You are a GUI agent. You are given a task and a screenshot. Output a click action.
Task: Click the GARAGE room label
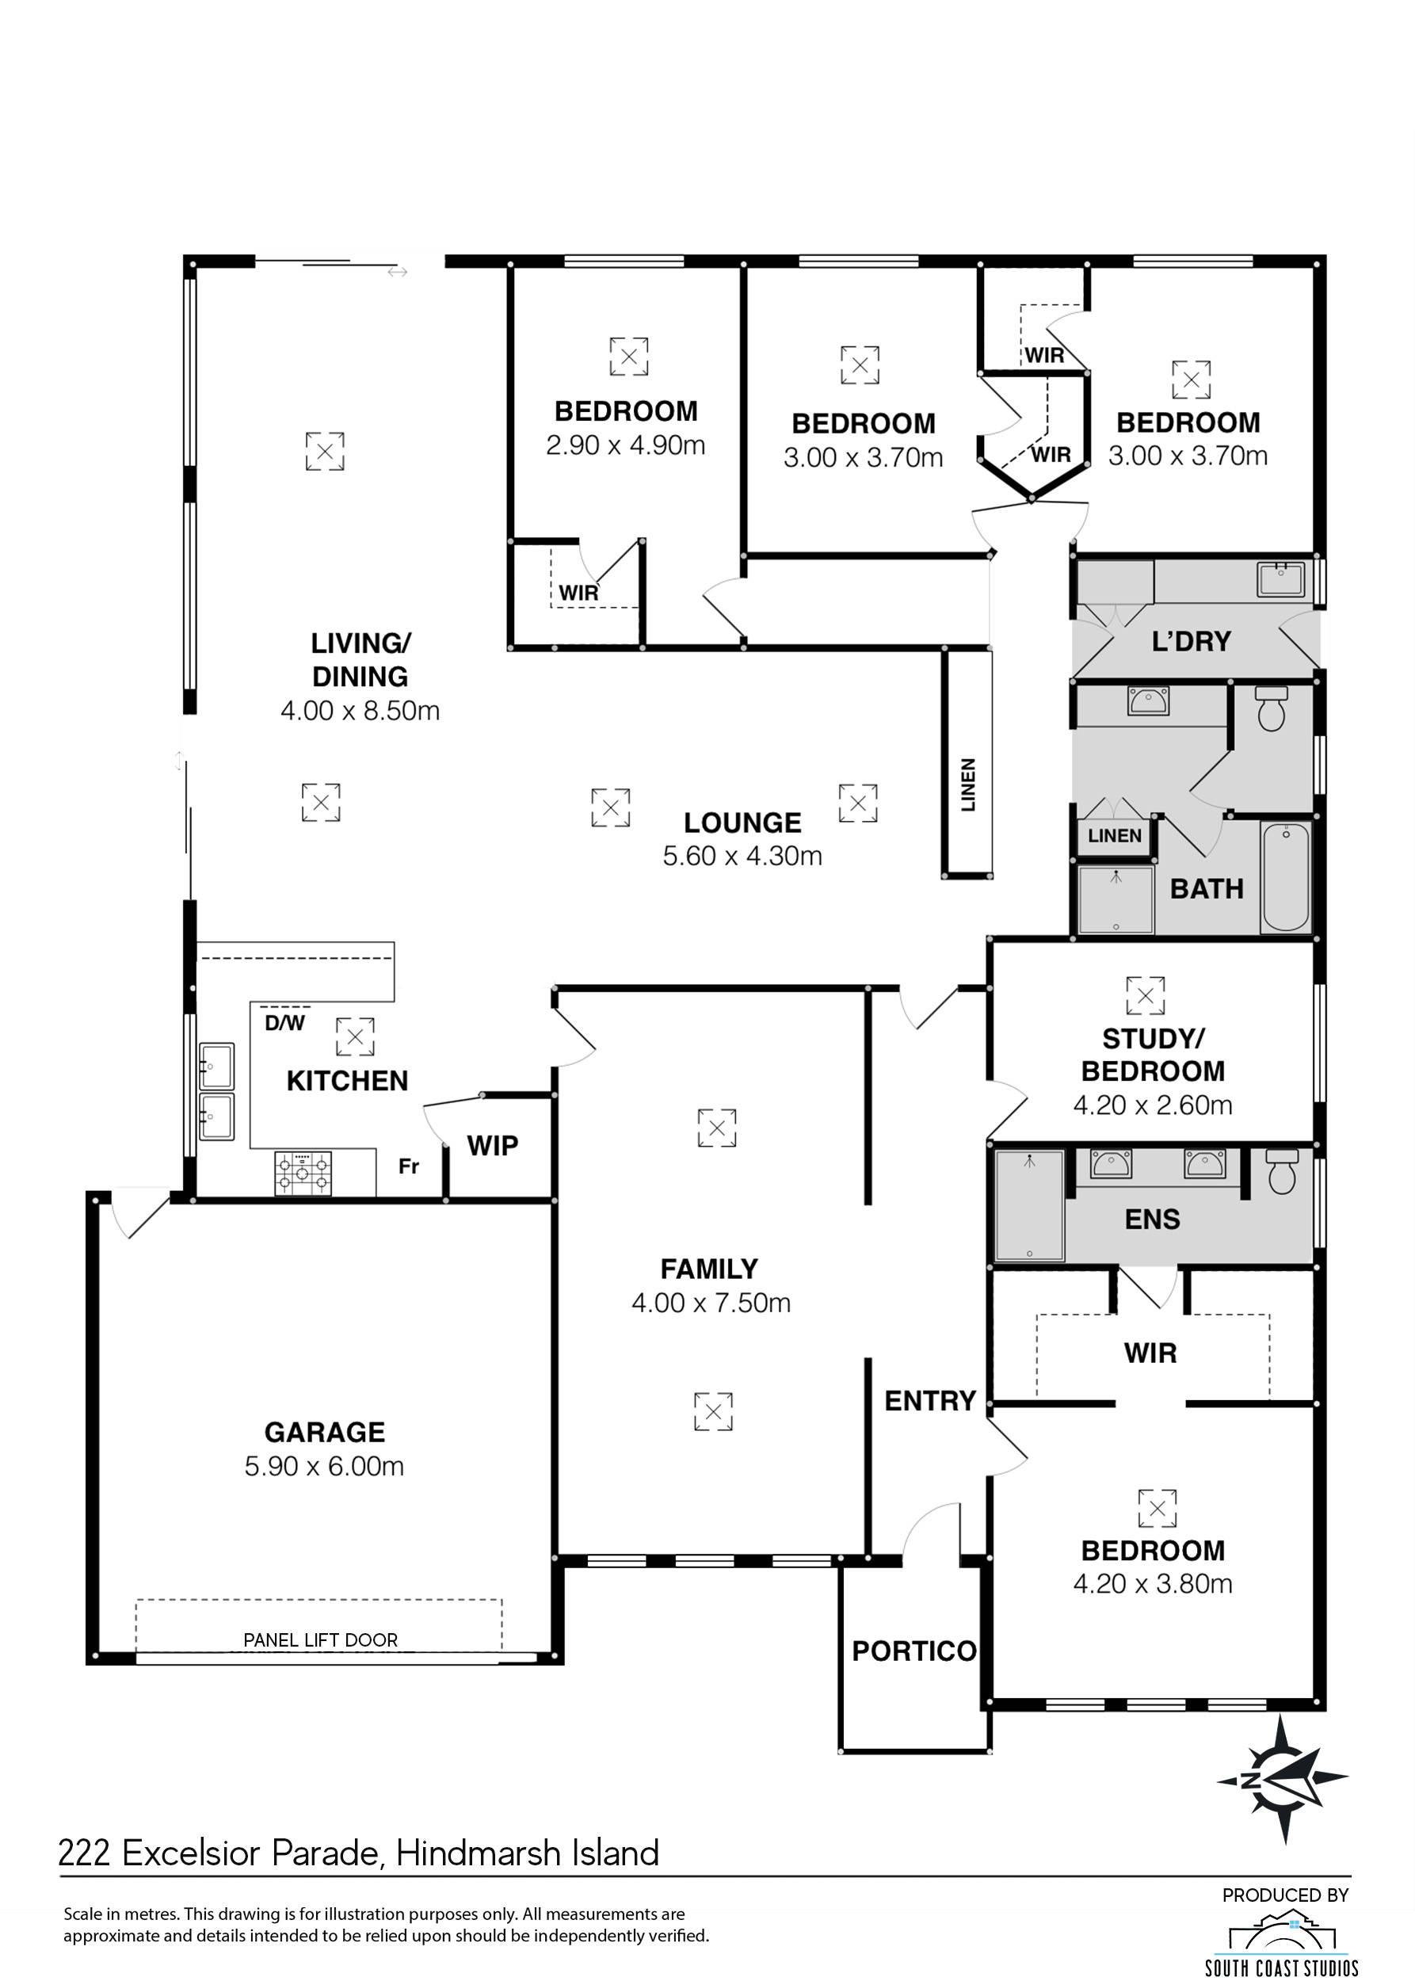tap(324, 1432)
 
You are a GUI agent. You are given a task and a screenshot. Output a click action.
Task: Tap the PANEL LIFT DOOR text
tap(321, 1640)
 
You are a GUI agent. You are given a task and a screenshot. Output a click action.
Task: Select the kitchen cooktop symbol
tap(303, 1173)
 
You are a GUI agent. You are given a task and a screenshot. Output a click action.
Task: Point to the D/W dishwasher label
tap(285, 1023)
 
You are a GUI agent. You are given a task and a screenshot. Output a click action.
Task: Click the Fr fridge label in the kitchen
tap(409, 1166)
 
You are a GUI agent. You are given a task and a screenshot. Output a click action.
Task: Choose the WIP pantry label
tap(492, 1145)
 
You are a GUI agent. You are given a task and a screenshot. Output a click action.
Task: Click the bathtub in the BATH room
tap(1285, 876)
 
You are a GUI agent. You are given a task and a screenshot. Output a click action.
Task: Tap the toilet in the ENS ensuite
tap(1282, 1171)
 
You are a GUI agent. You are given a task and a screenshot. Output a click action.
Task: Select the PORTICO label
tap(914, 1651)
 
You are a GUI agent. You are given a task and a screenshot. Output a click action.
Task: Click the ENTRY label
tap(929, 1400)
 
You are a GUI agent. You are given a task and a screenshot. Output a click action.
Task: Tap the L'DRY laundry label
tap(1191, 642)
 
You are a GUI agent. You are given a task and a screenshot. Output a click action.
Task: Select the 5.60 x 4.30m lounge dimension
tap(742, 856)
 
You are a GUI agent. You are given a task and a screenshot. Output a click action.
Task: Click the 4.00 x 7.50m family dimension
tap(711, 1303)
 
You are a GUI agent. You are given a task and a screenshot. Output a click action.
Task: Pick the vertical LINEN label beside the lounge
tap(968, 784)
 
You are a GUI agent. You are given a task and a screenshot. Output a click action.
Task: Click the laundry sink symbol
tap(1281, 578)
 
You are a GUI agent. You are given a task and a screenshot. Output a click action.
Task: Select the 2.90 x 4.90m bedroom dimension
tap(626, 445)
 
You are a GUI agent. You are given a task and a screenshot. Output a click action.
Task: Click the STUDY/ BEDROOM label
tap(1153, 1055)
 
